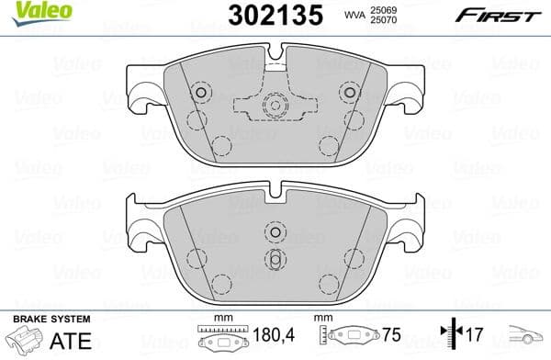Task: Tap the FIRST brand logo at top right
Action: click(x=496, y=15)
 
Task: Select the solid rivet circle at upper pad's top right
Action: click(x=348, y=92)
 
